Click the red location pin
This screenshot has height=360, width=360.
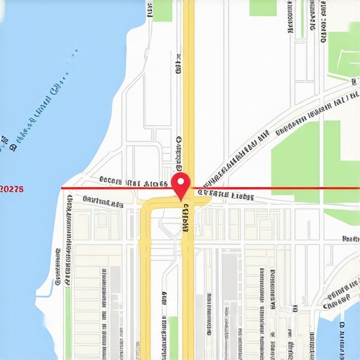click(x=181, y=185)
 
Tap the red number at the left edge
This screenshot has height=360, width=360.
click(x=12, y=189)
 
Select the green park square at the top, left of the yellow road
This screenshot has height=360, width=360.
click(x=162, y=10)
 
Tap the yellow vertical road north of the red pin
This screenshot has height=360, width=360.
click(x=188, y=84)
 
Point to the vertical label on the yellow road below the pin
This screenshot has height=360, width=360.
click(x=186, y=218)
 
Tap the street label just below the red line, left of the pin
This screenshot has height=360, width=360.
click(x=102, y=202)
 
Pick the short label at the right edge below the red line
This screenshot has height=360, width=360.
click(x=350, y=240)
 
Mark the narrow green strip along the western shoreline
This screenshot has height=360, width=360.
click(x=67, y=309)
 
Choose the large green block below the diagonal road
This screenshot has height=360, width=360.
click(x=295, y=158)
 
